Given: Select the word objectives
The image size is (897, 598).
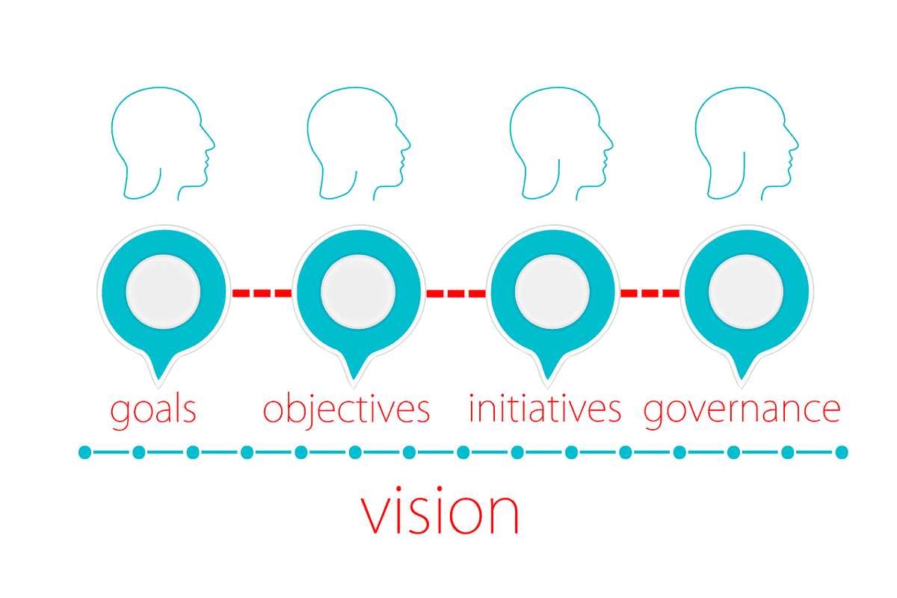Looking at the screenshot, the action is pos(346,410).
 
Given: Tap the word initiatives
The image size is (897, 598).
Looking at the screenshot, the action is pos(545,408).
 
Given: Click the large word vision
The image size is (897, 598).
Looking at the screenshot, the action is pos(440,511).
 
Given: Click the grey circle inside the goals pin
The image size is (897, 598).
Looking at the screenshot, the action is pos(163,292).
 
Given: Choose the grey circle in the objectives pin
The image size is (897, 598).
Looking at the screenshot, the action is pos(358,292).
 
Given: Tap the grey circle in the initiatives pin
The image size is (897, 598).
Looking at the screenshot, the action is pos(552,292).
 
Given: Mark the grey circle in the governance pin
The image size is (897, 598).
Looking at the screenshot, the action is pos(746,292).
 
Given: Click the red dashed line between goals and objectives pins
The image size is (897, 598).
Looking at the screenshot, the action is pos(262,293).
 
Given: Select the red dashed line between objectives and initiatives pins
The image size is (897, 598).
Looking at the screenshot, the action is pos(456,293).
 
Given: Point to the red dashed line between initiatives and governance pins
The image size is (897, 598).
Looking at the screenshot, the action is pos(650,293).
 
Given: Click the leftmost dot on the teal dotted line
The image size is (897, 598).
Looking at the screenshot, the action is pos(85,452).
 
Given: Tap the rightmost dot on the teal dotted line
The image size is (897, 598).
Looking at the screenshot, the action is pos(842,452).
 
